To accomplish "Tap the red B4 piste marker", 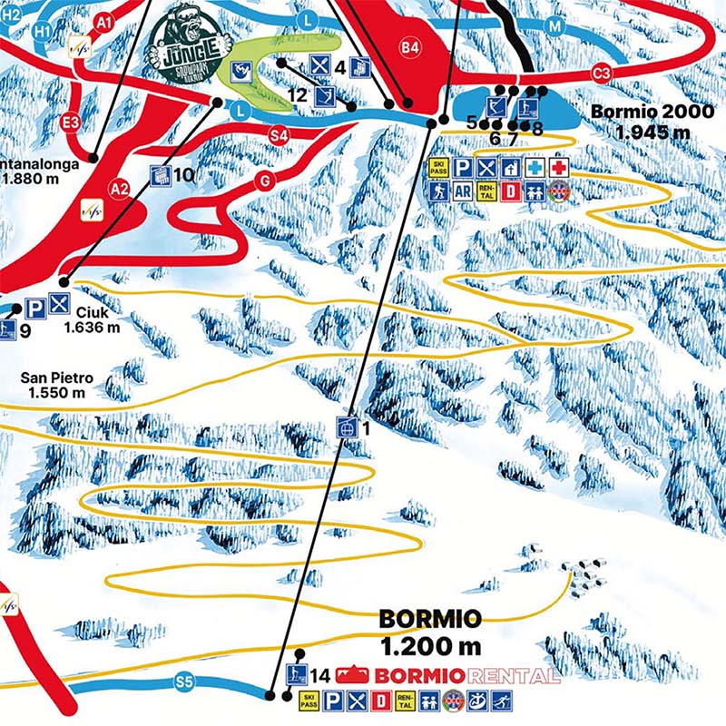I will click(x=411, y=46).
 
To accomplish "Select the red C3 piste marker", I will click(x=599, y=73).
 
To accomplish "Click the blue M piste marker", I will click(x=554, y=27).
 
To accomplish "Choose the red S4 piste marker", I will click(x=279, y=135).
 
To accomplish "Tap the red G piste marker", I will click(x=265, y=181).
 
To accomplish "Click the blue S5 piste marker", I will click(x=185, y=680).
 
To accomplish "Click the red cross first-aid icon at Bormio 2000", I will click(x=559, y=167).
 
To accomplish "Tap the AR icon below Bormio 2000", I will click(x=462, y=191).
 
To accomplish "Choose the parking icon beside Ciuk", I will click(x=35, y=307).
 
